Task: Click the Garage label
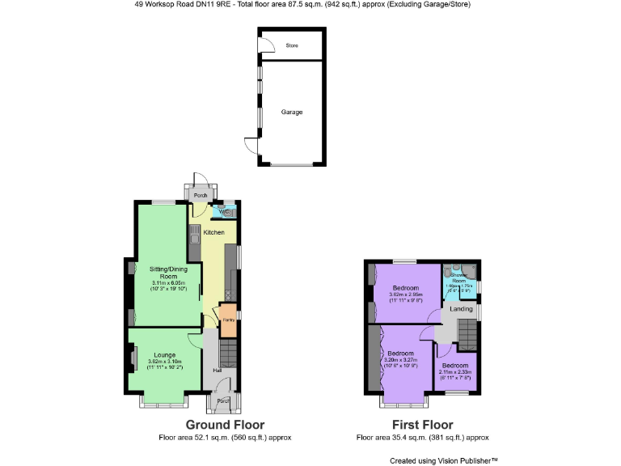click(292, 112)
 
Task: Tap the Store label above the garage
click(292, 45)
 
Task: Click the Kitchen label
click(213, 232)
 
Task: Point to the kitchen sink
click(194, 235)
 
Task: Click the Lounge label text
click(165, 354)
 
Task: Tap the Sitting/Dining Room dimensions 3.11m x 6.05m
click(168, 282)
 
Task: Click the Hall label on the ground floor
click(218, 371)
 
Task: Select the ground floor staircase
click(229, 353)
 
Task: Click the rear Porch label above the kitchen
click(200, 195)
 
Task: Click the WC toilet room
click(224, 212)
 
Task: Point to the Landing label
click(461, 309)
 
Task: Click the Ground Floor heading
click(225, 425)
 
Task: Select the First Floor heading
click(422, 425)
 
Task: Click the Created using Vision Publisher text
click(443, 460)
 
